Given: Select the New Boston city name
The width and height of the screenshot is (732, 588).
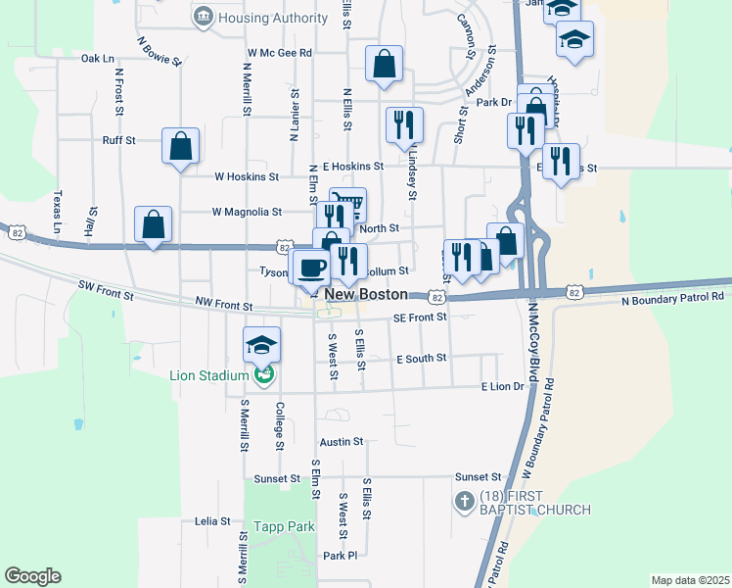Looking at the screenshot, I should click(x=366, y=294).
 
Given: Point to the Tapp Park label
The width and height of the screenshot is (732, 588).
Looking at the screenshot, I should click(x=284, y=526).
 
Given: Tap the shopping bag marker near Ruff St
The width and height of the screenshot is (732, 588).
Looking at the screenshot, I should click(x=181, y=146).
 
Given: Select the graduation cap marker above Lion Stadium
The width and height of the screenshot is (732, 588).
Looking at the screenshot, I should click(x=262, y=343).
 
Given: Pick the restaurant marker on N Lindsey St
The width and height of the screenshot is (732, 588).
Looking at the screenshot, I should click(x=404, y=123).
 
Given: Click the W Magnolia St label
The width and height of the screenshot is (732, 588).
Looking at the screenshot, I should click(x=247, y=211).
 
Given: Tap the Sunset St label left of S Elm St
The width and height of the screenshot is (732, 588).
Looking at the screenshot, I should click(x=276, y=479).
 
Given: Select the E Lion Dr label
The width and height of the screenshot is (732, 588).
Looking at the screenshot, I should click(x=503, y=387).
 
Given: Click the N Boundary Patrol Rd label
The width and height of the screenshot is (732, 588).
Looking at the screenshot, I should click(x=672, y=296).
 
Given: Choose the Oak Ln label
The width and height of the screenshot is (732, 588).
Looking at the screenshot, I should click(x=98, y=59).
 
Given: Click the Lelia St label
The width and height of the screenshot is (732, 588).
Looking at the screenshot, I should click(x=212, y=521).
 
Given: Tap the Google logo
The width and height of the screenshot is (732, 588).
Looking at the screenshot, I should click(x=32, y=576).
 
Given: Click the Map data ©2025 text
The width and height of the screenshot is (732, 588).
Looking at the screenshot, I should click(x=690, y=580).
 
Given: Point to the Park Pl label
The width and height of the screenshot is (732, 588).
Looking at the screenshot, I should click(x=341, y=556).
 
